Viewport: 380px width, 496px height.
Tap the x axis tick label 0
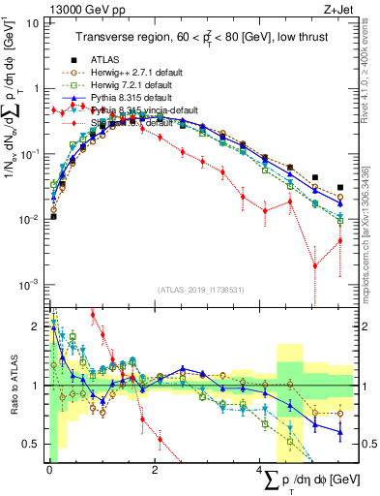[49, 469]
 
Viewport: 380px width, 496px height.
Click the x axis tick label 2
[155, 469]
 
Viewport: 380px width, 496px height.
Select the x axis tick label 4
[260, 469]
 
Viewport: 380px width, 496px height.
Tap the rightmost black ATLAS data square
[339, 188]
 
